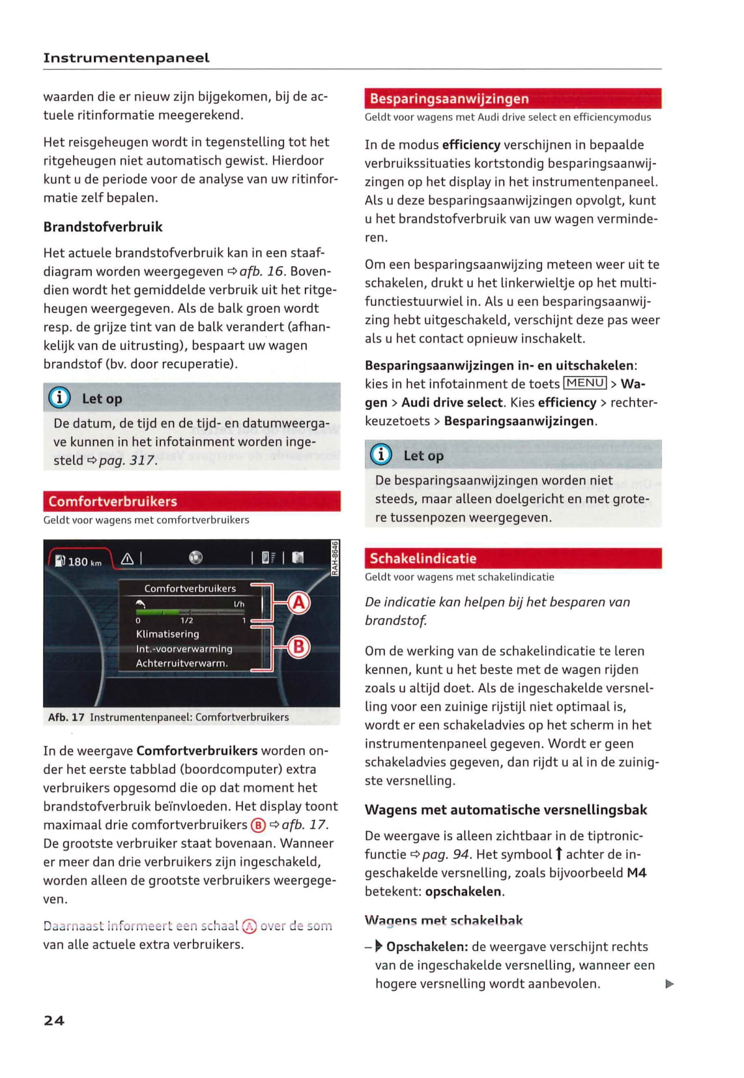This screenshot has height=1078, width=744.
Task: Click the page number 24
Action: pyautogui.click(x=54, y=1021)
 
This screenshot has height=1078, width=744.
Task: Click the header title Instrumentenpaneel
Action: pyautogui.click(x=126, y=58)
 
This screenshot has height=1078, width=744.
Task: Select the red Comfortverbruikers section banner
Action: pyautogui.click(x=192, y=501)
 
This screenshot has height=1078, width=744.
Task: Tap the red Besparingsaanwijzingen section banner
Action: pyautogui.click(x=513, y=98)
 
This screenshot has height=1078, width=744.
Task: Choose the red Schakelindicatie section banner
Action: pyautogui.click(x=513, y=558)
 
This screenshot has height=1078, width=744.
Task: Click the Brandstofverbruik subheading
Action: pyautogui.click(x=103, y=227)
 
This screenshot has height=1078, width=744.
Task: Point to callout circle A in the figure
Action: pyautogui.click(x=298, y=602)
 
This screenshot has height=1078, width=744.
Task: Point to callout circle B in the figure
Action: pyautogui.click(x=298, y=647)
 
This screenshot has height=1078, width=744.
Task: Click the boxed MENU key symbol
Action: pyautogui.click(x=585, y=383)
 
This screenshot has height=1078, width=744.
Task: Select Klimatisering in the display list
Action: pyautogui.click(x=167, y=634)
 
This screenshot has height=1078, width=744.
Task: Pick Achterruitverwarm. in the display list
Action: pyautogui.click(x=182, y=663)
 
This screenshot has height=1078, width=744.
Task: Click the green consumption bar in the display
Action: pyautogui.click(x=158, y=612)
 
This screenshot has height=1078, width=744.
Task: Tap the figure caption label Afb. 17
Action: pyautogui.click(x=66, y=717)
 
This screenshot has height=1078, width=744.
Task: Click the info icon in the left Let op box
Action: pyautogui.click(x=59, y=398)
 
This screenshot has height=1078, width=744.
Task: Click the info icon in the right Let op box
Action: pyautogui.click(x=381, y=455)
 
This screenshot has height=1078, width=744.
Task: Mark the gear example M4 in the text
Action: pyautogui.click(x=637, y=873)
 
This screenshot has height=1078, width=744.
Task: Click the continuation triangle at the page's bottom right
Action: pyautogui.click(x=669, y=984)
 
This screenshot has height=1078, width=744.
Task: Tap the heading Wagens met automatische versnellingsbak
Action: pyautogui.click(x=506, y=809)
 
